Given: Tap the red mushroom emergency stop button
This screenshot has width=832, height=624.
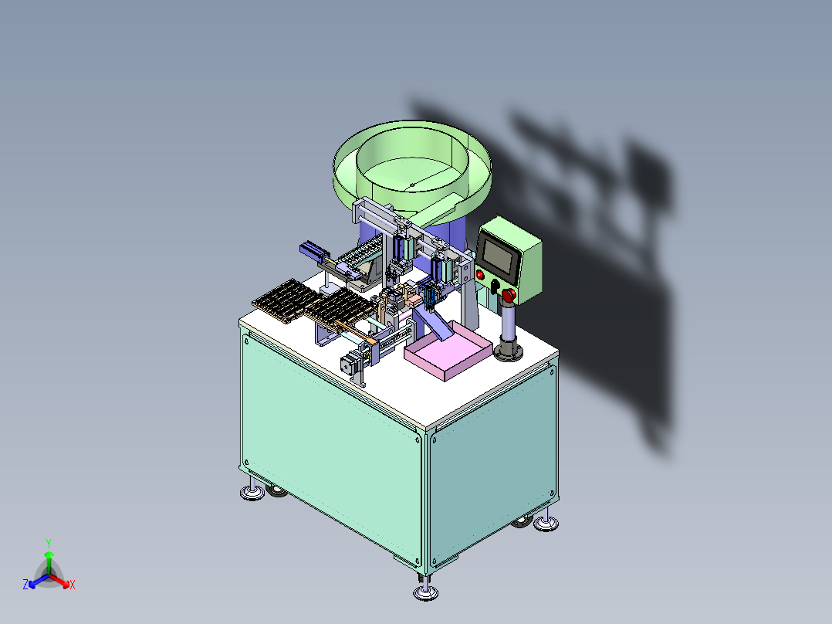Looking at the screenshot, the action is [509, 296].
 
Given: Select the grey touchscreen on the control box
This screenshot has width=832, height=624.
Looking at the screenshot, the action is [497, 256].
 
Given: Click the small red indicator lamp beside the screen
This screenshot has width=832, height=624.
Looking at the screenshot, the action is [480, 275].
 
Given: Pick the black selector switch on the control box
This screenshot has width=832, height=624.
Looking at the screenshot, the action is [495, 287].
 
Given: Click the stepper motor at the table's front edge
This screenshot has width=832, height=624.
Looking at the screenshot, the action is [349, 365].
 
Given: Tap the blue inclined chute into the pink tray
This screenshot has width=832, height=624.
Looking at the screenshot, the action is [432, 323].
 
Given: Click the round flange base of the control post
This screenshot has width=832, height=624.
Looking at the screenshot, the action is [509, 352].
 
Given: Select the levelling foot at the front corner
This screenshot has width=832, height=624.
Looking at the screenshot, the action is [425, 592].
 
